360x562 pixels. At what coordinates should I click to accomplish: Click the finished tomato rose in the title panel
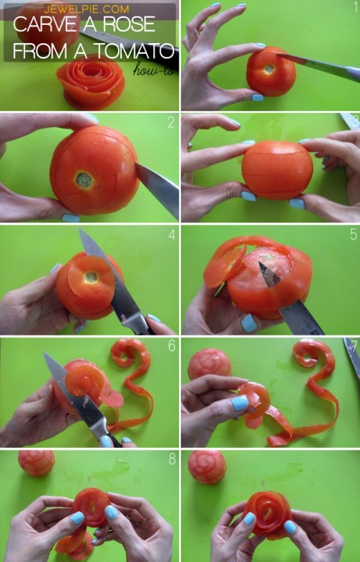pos(89,81)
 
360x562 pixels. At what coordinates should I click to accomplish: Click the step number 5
pos(352,233)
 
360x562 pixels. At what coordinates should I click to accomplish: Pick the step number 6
pos(171,345)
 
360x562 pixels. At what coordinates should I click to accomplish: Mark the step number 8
pos(171,459)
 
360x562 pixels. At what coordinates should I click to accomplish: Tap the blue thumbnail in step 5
pos(249,322)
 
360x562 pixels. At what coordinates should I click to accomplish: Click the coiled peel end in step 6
pos(125,354)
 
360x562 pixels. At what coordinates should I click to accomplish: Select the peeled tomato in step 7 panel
pos(209,364)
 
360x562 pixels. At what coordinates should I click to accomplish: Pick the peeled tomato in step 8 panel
pos(37,462)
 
